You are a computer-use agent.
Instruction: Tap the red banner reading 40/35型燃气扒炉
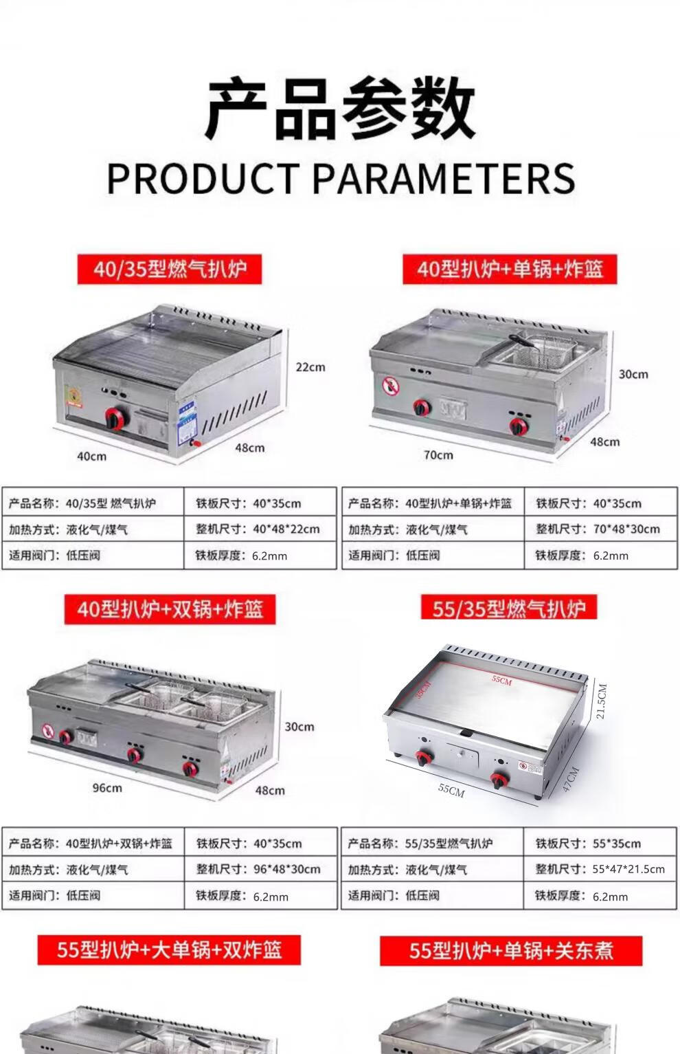pos(170,269)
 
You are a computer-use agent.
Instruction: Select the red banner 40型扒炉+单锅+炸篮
pos(510,269)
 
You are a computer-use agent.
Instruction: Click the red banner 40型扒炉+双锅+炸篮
pos(170,609)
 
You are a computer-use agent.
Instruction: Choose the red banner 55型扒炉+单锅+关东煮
pos(511,950)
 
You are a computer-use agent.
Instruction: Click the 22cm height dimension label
pos(310,367)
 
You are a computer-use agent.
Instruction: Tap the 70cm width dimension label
pos(438,455)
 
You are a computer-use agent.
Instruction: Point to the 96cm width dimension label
pos(107,788)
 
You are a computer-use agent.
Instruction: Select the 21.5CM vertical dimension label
pos(602,701)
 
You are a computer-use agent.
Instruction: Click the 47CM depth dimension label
pos(570,780)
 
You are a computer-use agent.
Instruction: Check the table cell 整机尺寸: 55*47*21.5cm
pos(600,869)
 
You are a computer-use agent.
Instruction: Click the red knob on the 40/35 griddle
pos(115,418)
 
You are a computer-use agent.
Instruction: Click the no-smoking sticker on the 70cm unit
pos(390,386)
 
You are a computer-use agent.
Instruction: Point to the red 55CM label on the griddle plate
pos(501,680)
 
